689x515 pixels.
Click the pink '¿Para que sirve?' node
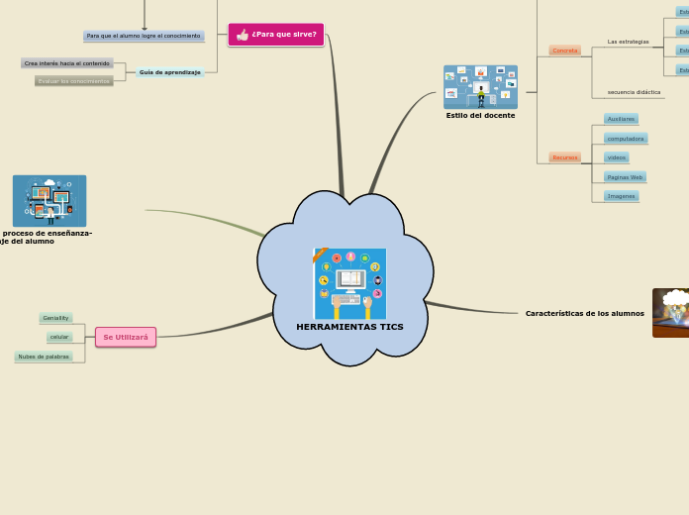pyautogui.click(x=276, y=35)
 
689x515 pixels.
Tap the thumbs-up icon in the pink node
pyautogui.click(x=243, y=35)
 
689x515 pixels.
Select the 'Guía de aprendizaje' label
pyautogui.click(x=170, y=72)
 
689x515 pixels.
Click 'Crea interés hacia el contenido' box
pyautogui.click(x=67, y=63)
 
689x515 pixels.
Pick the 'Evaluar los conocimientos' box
pyautogui.click(x=74, y=81)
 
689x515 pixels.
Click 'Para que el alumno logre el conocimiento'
pyautogui.click(x=144, y=36)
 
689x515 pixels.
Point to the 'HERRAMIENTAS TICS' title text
pyautogui.click(x=349, y=327)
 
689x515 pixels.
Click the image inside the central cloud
pyautogui.click(x=349, y=283)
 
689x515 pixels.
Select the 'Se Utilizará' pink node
pyautogui.click(x=126, y=338)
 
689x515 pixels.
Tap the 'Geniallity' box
pyautogui.click(x=55, y=318)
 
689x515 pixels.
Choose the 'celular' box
pyautogui.click(x=59, y=337)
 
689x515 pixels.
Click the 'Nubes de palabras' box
pyautogui.click(x=44, y=357)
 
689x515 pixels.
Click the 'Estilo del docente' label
pyautogui.click(x=480, y=116)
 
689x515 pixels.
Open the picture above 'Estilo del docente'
pyautogui.click(x=480, y=87)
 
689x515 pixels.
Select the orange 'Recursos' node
pyautogui.click(x=565, y=157)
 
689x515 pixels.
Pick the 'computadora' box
pyautogui.click(x=626, y=139)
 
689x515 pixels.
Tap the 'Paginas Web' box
pyautogui.click(x=625, y=177)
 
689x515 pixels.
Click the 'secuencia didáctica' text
pyautogui.click(x=634, y=92)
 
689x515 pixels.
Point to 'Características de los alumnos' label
pyautogui.click(x=584, y=314)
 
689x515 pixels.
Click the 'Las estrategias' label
pyautogui.click(x=628, y=42)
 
